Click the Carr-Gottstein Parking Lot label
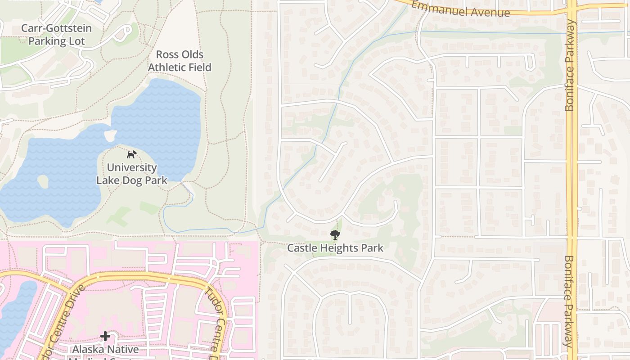tap(56, 35)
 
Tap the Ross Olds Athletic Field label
tap(180, 61)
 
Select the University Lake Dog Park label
tap(132, 174)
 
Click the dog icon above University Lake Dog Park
tap(131, 155)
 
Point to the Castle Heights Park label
tap(335, 248)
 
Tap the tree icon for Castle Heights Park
tap(335, 234)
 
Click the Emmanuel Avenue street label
tap(460, 9)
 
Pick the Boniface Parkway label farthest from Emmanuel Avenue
tap(569, 301)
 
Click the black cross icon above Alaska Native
tap(105, 336)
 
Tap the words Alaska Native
tap(105, 349)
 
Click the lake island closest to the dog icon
tap(110, 135)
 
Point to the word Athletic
tap(180, 67)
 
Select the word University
tap(132, 167)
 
